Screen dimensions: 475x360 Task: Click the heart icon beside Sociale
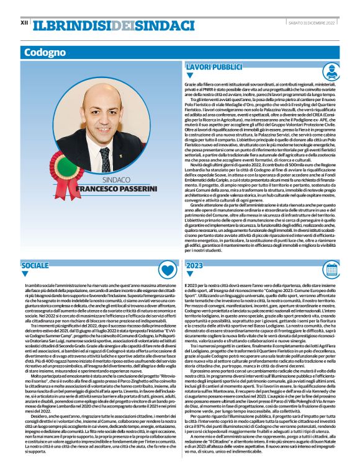click(x=166, y=268)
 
